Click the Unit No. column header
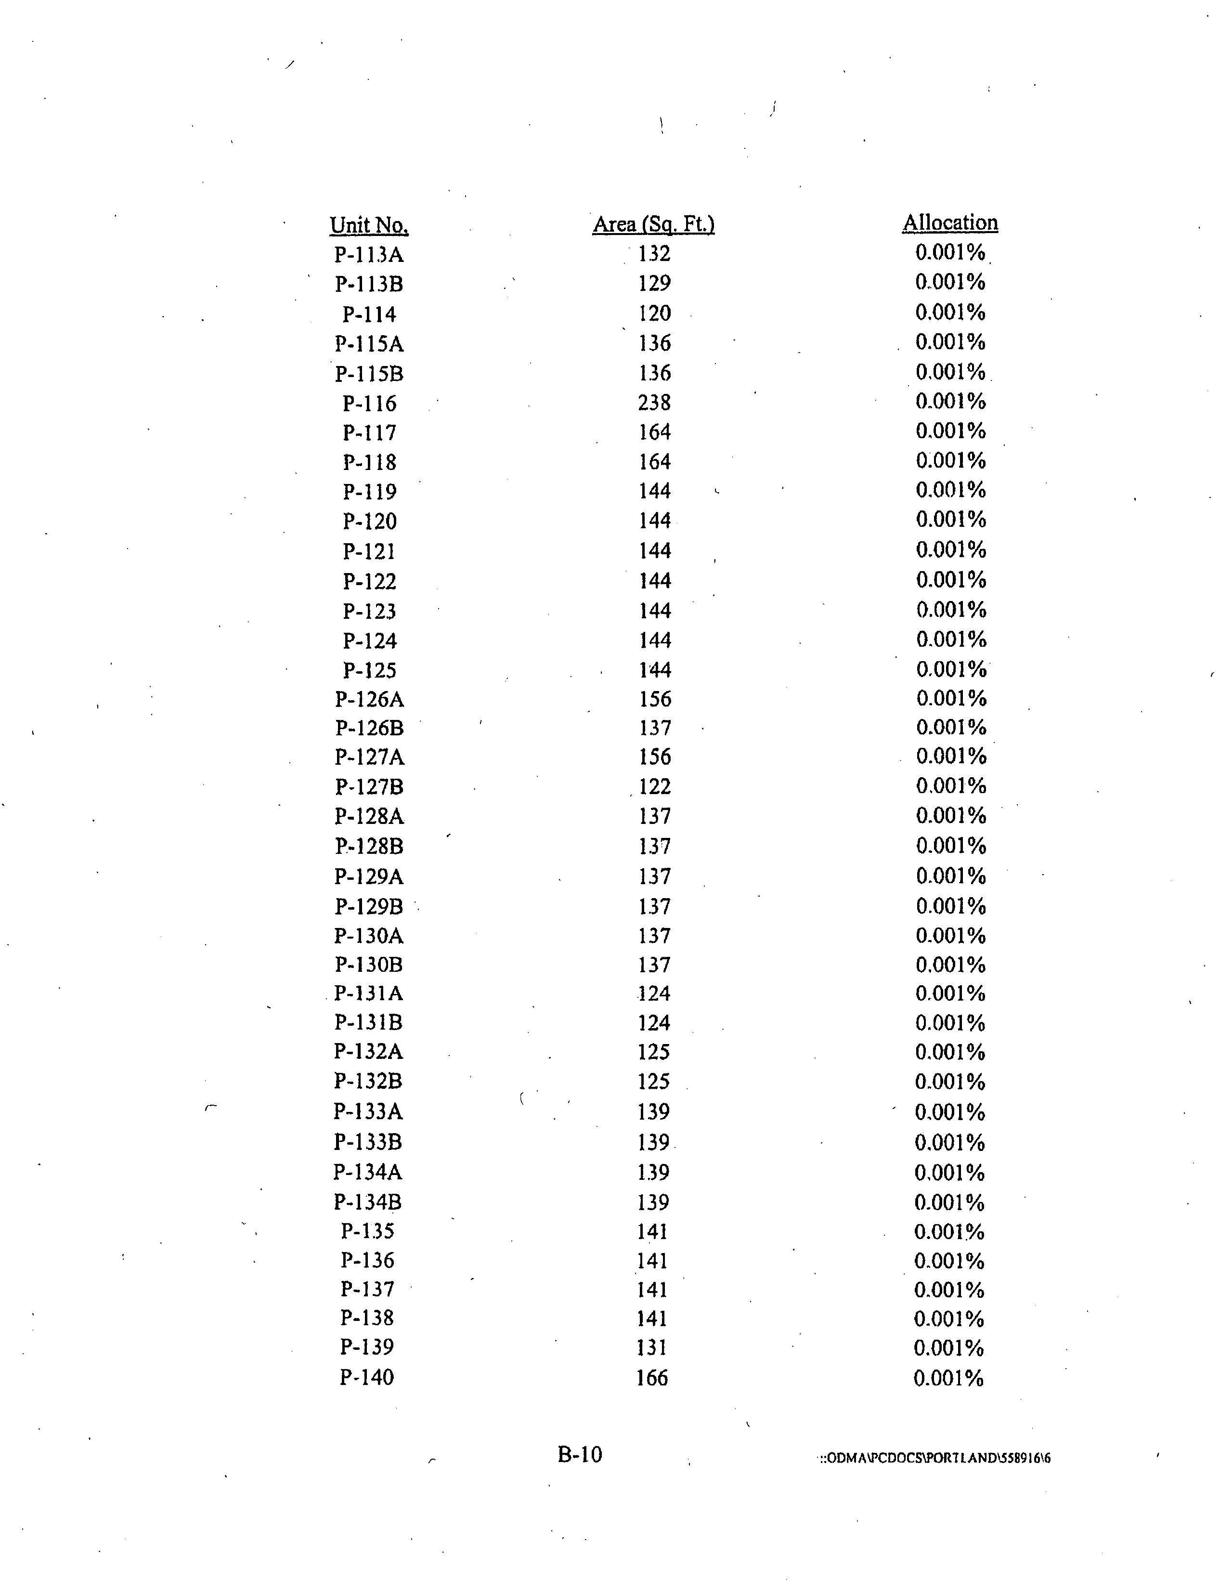click(369, 225)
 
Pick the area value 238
click(654, 402)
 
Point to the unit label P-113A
click(369, 255)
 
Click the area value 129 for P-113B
click(654, 283)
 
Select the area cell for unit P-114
click(654, 313)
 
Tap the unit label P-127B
click(369, 787)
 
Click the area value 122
click(654, 786)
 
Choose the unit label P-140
click(367, 1377)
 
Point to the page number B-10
click(579, 1455)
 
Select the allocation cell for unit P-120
click(950, 520)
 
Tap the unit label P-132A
click(368, 1051)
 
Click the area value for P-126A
click(654, 699)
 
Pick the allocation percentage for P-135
click(949, 1231)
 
